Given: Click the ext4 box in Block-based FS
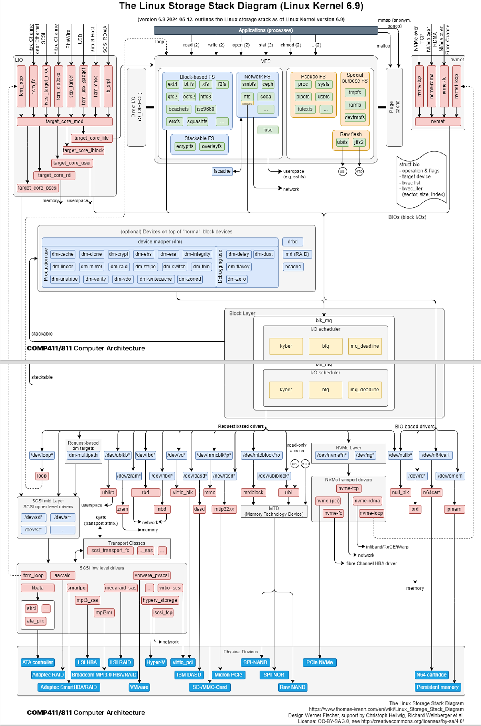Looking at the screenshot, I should (x=172, y=84).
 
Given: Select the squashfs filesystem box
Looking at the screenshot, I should (x=197, y=121).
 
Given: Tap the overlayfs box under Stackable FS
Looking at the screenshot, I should (x=212, y=147).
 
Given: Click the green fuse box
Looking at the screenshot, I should (x=268, y=130).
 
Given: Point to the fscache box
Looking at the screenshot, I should (x=222, y=171).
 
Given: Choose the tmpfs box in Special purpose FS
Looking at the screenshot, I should (x=355, y=93).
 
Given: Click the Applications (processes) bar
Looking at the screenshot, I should (x=265, y=30).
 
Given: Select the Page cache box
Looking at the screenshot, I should (x=394, y=107).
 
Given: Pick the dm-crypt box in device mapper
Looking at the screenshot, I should (x=118, y=254).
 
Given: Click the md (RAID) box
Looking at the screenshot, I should (x=297, y=254).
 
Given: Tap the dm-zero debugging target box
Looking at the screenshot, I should (x=237, y=279).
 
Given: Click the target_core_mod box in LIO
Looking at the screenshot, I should (x=64, y=121).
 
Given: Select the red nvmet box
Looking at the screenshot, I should (x=438, y=121).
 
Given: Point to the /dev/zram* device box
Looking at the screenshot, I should (x=129, y=476).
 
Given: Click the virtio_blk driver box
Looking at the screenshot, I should (x=183, y=492).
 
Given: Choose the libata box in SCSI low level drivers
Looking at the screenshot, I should (x=38, y=588).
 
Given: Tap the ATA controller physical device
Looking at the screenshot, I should (x=38, y=662).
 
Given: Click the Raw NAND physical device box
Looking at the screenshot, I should (x=292, y=687).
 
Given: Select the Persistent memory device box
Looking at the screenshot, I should (x=437, y=687).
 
